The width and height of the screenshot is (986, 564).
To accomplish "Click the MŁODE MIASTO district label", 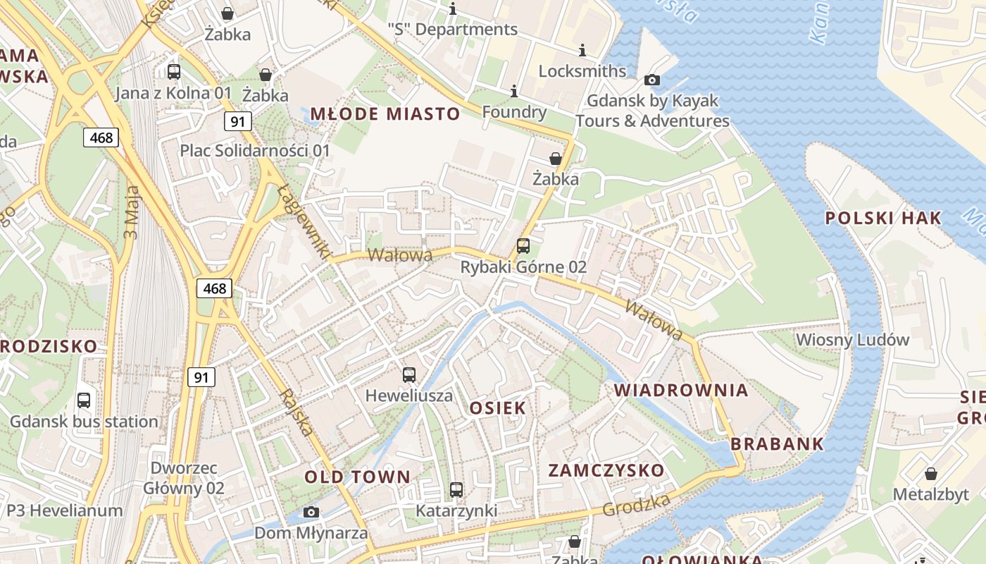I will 385,114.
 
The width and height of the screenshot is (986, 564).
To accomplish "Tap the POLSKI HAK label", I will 883,218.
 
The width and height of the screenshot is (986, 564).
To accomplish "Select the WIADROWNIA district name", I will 680,390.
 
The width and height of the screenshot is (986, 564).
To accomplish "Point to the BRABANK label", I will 777,444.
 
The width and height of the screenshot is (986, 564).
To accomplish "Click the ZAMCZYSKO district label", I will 606,470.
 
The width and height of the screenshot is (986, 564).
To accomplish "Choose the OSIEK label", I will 497,407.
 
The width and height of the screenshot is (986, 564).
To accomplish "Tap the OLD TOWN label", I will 357,477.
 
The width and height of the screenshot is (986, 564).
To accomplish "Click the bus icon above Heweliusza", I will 409,375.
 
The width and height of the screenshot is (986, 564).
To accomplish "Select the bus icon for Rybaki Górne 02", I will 523,245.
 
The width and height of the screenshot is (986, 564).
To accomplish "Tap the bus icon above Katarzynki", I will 456,489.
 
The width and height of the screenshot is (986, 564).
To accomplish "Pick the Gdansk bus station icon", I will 84,400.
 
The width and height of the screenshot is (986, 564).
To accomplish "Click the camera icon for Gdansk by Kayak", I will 652,80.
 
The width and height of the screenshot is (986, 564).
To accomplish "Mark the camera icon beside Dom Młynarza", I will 311,512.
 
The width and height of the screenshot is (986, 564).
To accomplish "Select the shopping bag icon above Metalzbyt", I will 931,473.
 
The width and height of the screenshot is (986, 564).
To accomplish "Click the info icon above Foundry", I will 514,91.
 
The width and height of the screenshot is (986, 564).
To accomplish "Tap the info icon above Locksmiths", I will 582,50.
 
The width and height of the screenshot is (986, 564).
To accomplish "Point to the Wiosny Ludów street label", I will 852,340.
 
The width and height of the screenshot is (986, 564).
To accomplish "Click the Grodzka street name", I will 636,505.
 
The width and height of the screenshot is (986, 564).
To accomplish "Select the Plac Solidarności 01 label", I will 255,150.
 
